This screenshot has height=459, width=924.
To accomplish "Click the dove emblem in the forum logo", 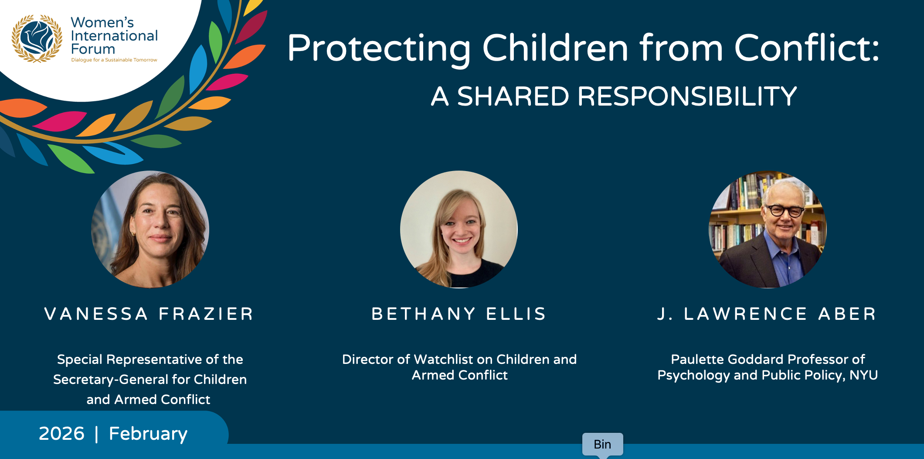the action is point(37,38).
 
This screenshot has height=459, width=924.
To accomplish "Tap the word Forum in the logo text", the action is point(93,49).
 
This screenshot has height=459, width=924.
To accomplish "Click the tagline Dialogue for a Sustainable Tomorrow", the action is point(114,60).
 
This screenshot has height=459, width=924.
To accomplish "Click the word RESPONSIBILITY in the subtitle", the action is point(687,96).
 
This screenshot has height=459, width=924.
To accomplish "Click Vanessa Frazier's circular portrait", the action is point(150,229).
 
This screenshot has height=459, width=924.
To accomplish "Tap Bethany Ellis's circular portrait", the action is point(459,229).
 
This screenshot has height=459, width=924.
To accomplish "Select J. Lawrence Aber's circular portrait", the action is point(768,229).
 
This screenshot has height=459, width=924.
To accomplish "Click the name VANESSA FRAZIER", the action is point(149,314).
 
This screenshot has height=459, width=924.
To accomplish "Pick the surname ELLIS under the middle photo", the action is point(516,314).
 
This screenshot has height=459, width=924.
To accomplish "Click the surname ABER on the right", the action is point(847,314).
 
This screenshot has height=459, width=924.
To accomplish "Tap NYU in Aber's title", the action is point(863,375).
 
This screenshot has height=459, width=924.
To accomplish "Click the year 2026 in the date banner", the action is point(61,434).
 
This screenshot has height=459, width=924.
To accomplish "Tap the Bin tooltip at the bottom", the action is point(603,445).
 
